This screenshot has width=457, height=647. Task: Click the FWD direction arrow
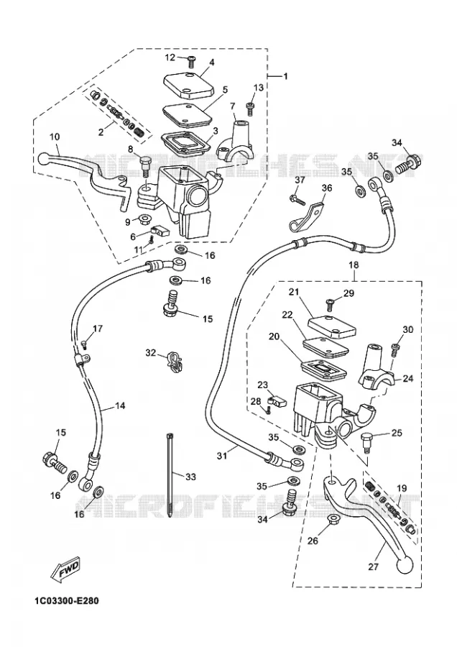[65, 570]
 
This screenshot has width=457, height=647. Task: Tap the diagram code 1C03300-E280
[67, 601]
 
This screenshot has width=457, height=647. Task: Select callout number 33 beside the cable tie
[190, 477]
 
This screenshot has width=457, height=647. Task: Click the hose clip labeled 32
[174, 362]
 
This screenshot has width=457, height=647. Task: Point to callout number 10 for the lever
[55, 137]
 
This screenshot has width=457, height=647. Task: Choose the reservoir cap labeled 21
[332, 327]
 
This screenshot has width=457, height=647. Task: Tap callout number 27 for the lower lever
[373, 566]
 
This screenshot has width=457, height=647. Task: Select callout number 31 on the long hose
[222, 456]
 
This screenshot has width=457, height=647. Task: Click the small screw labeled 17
[86, 344]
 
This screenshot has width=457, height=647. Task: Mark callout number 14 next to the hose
[119, 405]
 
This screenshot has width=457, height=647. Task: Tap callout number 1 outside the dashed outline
[285, 76]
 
